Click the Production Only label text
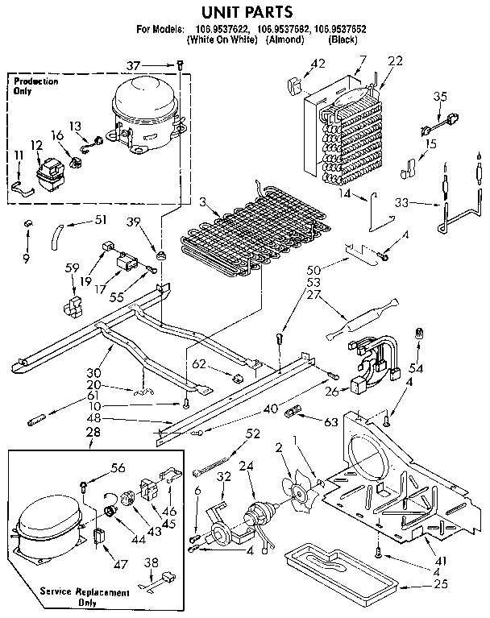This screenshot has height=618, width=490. click(x=35, y=86)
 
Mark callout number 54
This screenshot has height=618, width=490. click(x=417, y=367)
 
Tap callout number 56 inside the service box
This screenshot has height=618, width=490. click(x=118, y=467)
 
